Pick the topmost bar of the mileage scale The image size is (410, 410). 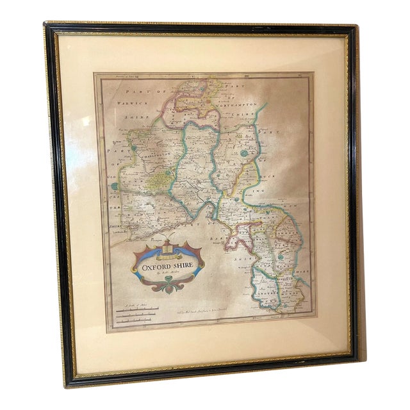coord(138,309)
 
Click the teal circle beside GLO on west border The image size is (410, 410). coord(115,186)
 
